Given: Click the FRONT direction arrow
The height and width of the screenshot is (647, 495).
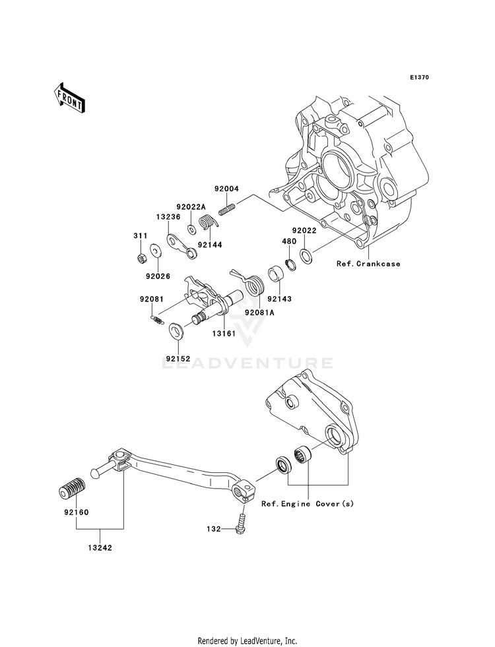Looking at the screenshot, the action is pos(69,98).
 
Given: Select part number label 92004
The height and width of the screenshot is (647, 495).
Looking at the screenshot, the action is pos(226,189).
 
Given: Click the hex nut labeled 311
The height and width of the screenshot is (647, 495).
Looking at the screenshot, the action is pos(141,259).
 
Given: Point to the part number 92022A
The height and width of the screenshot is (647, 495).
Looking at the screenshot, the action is pos(191,206).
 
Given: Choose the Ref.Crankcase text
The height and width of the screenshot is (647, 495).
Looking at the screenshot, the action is pos(368,264).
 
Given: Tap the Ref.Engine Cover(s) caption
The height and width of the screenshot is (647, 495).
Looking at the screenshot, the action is pos(308,504).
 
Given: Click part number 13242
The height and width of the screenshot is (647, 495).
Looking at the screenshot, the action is pos(100,548).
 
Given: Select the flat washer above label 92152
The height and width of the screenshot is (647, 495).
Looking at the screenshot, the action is pos(178,330).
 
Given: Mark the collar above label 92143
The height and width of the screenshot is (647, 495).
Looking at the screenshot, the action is pos(275,274).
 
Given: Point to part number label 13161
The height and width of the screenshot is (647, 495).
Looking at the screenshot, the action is pos(224,334).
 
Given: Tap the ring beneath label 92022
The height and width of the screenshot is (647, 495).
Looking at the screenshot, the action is pos(307,256).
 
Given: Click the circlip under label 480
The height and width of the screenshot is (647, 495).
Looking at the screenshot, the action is pos(290,264).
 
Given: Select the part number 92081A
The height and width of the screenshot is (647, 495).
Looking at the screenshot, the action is pos(259,313).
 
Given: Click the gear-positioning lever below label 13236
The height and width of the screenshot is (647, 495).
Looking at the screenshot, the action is pos(181,247).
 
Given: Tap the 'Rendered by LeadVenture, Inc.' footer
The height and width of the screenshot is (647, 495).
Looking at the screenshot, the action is pos(247,641).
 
